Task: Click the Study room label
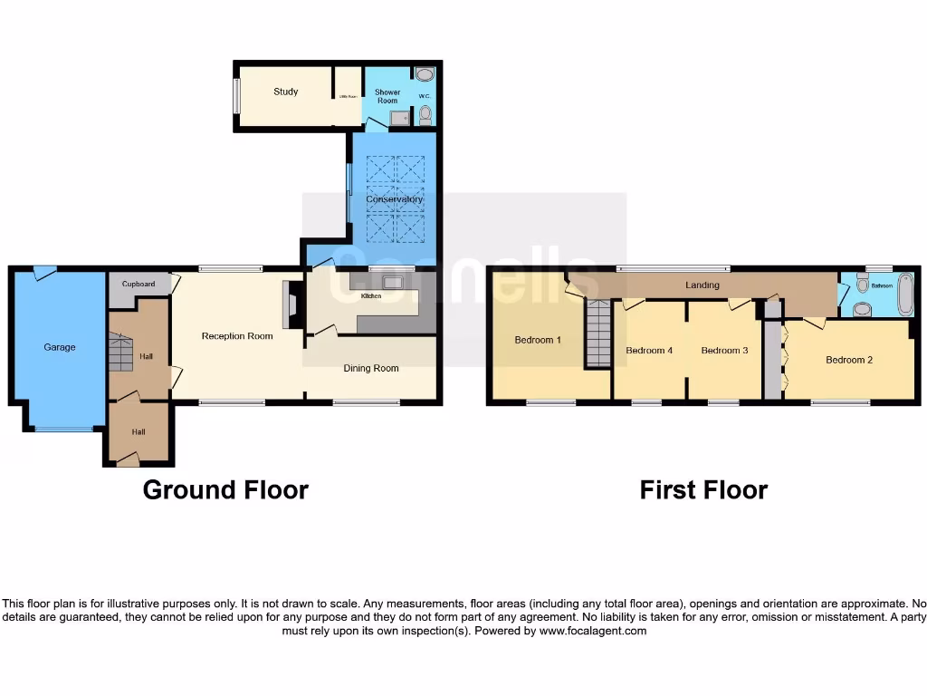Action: (x=286, y=92)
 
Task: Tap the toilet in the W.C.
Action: (x=425, y=114)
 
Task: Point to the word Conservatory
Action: (x=394, y=199)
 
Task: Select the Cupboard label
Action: (x=139, y=285)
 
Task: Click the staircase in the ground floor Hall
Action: (x=121, y=353)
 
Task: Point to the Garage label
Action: (x=60, y=347)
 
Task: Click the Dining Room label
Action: (x=371, y=368)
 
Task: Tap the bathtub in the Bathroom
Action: (x=903, y=294)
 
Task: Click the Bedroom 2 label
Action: (x=849, y=360)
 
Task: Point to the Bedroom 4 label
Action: (x=649, y=350)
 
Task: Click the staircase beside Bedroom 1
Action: (x=597, y=333)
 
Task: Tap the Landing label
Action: (x=702, y=285)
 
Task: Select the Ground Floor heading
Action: (x=225, y=490)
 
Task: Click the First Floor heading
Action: (x=703, y=490)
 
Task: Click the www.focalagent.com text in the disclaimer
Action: (x=593, y=631)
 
